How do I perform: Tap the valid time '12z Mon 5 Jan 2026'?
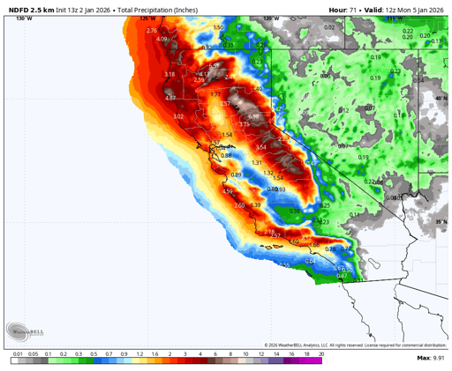411,7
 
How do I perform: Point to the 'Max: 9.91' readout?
430,359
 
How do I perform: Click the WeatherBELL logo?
26,331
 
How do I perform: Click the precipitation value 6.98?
254,116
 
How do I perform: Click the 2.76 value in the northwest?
151,31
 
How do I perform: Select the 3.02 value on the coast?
178,116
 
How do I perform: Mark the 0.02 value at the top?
329,27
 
